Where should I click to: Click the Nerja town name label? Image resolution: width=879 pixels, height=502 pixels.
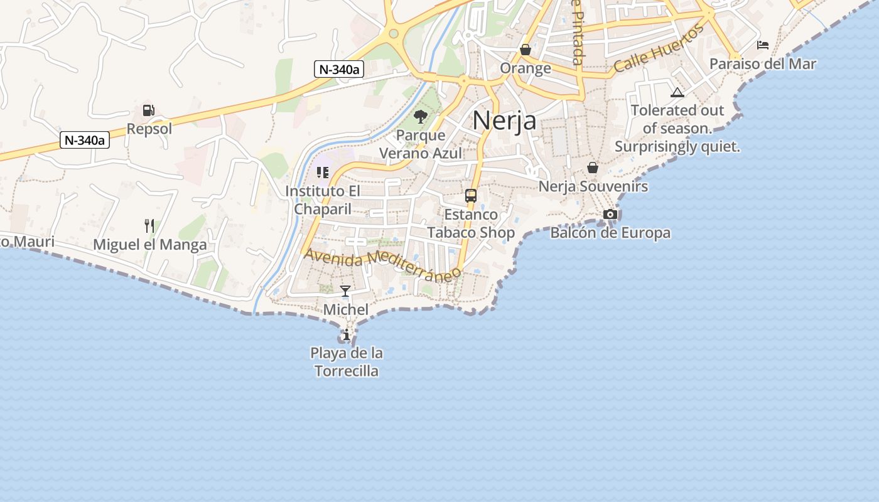click(504, 120)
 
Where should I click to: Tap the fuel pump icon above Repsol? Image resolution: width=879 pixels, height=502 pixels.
click(148, 110)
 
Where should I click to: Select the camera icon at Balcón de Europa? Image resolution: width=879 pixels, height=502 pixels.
click(610, 215)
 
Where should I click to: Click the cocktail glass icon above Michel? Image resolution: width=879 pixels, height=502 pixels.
click(345, 291)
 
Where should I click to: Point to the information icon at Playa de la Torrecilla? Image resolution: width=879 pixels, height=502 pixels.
click(346, 334)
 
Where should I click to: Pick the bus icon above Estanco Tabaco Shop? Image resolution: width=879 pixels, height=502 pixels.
click(471, 196)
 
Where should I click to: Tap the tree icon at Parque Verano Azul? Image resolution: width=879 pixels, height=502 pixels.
click(420, 116)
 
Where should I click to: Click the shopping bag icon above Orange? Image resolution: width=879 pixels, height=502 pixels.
click(526, 49)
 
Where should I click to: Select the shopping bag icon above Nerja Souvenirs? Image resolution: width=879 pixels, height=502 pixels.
click(593, 168)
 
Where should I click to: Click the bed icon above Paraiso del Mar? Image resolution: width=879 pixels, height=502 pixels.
click(763, 45)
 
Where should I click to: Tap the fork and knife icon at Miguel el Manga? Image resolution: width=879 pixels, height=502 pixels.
click(149, 226)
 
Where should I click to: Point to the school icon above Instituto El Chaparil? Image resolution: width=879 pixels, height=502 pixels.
click(323, 172)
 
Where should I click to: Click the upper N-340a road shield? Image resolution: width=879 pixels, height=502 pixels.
click(339, 69)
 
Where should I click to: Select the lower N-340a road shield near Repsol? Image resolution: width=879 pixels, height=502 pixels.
click(85, 140)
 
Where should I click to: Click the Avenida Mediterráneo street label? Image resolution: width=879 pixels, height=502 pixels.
click(382, 264)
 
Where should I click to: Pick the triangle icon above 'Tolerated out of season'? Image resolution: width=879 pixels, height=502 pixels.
click(677, 93)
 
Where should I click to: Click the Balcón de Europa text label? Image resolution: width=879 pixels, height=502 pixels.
click(610, 233)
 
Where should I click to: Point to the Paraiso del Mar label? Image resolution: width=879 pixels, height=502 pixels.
click(762, 63)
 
